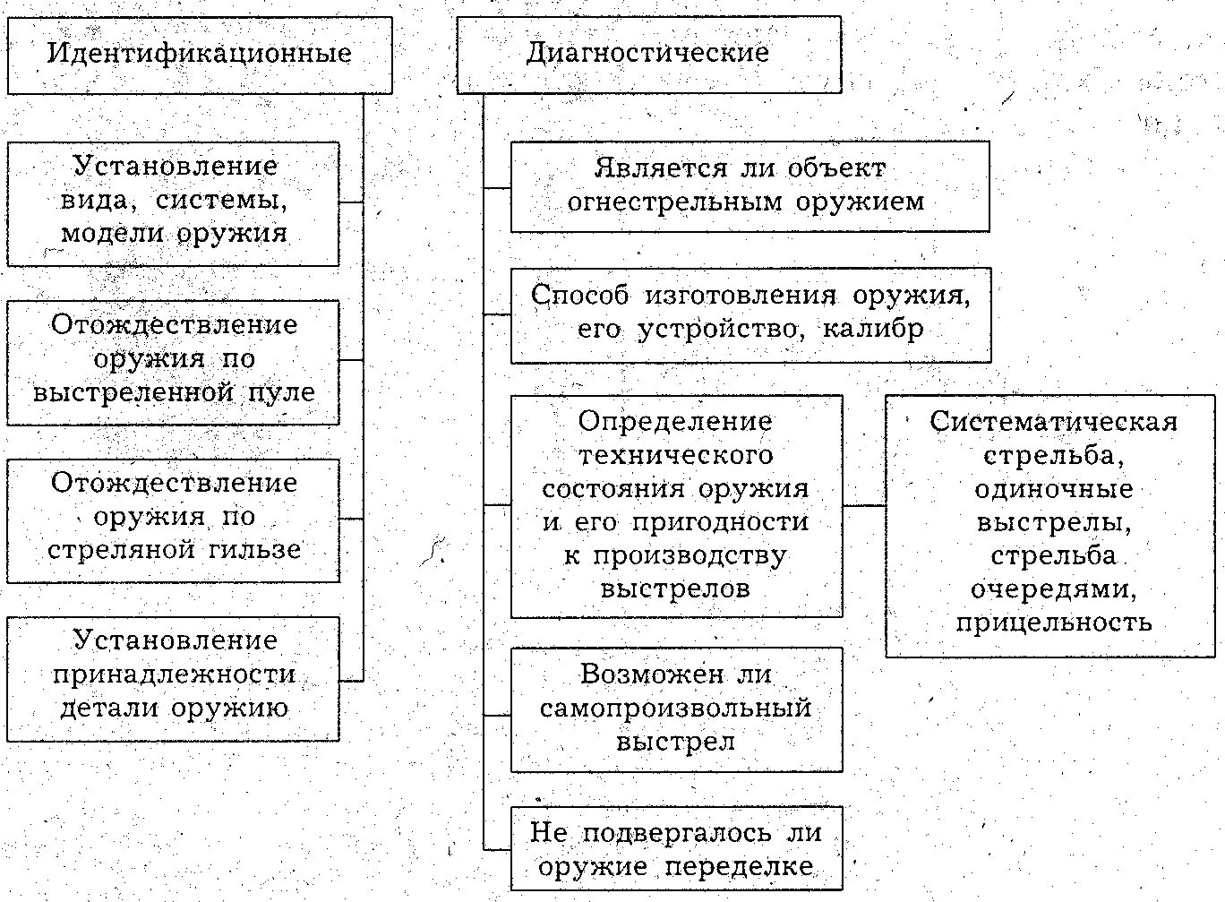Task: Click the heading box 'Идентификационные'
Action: click(199, 54)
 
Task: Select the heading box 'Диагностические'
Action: click(648, 53)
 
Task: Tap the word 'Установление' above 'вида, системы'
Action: click(176, 167)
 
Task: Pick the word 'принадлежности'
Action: click(174, 674)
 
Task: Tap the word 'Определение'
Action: click(675, 421)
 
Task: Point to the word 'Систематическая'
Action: click(1053, 422)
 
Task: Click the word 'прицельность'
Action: click(1053, 623)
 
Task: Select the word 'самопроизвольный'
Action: click(675, 709)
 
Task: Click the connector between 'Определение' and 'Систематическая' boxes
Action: click(864, 505)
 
